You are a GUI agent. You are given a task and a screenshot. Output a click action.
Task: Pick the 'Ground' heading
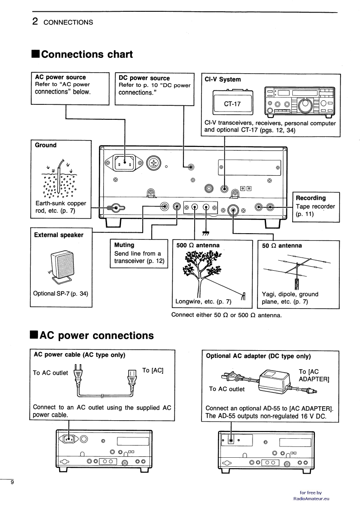[46, 145]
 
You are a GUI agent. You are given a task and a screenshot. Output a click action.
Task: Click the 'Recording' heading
[311, 198]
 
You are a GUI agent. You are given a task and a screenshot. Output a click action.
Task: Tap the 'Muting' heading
[124, 245]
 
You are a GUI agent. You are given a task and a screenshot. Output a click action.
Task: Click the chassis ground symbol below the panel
[206, 233]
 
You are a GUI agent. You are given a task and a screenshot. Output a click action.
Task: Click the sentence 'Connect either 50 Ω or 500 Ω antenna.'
[227, 315]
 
